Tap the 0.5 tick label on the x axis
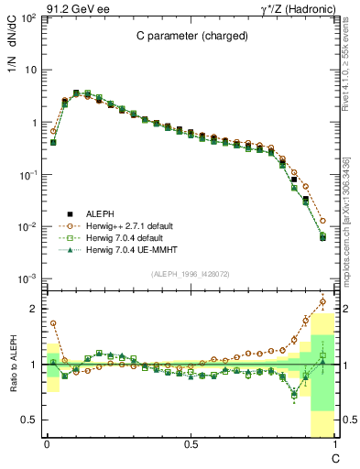(x=191, y=444)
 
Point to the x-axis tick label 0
(x=47, y=444)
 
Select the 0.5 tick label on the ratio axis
(x=28, y=420)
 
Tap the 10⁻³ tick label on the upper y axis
(x=27, y=278)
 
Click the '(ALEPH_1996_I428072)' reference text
(x=190, y=274)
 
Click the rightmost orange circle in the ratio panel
(x=322, y=301)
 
